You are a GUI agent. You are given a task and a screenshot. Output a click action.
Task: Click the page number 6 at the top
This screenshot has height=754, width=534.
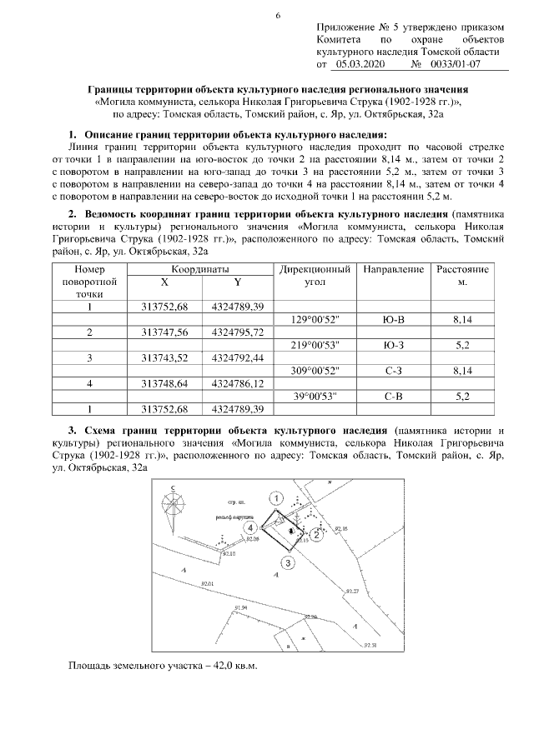278,15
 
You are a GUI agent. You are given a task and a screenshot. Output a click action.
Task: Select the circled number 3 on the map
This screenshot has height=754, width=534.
288,563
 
